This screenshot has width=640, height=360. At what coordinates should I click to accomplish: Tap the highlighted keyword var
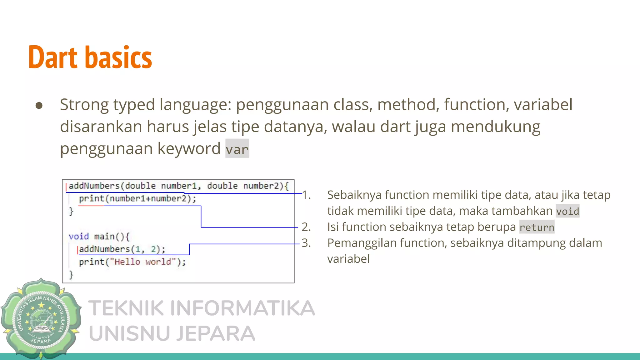[237, 149]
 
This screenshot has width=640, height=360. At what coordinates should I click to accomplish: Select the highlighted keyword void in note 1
[567, 211]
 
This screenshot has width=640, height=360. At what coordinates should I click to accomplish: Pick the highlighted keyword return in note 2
[537, 227]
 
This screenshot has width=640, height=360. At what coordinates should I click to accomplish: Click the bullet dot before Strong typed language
[39, 105]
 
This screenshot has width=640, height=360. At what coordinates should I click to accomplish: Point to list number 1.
[306, 195]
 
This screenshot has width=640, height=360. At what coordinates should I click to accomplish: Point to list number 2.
[306, 227]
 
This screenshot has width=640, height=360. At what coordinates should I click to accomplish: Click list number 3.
[306, 243]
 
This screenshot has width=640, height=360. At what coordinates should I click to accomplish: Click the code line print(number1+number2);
[137, 199]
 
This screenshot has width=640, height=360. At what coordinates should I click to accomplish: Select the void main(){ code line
[99, 237]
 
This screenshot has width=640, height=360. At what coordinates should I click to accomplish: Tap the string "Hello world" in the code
[143, 262]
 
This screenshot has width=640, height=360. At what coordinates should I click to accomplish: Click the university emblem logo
[41, 319]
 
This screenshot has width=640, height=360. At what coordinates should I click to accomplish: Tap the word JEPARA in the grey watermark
[216, 333]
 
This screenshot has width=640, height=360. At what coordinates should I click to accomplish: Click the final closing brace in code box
[71, 275]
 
